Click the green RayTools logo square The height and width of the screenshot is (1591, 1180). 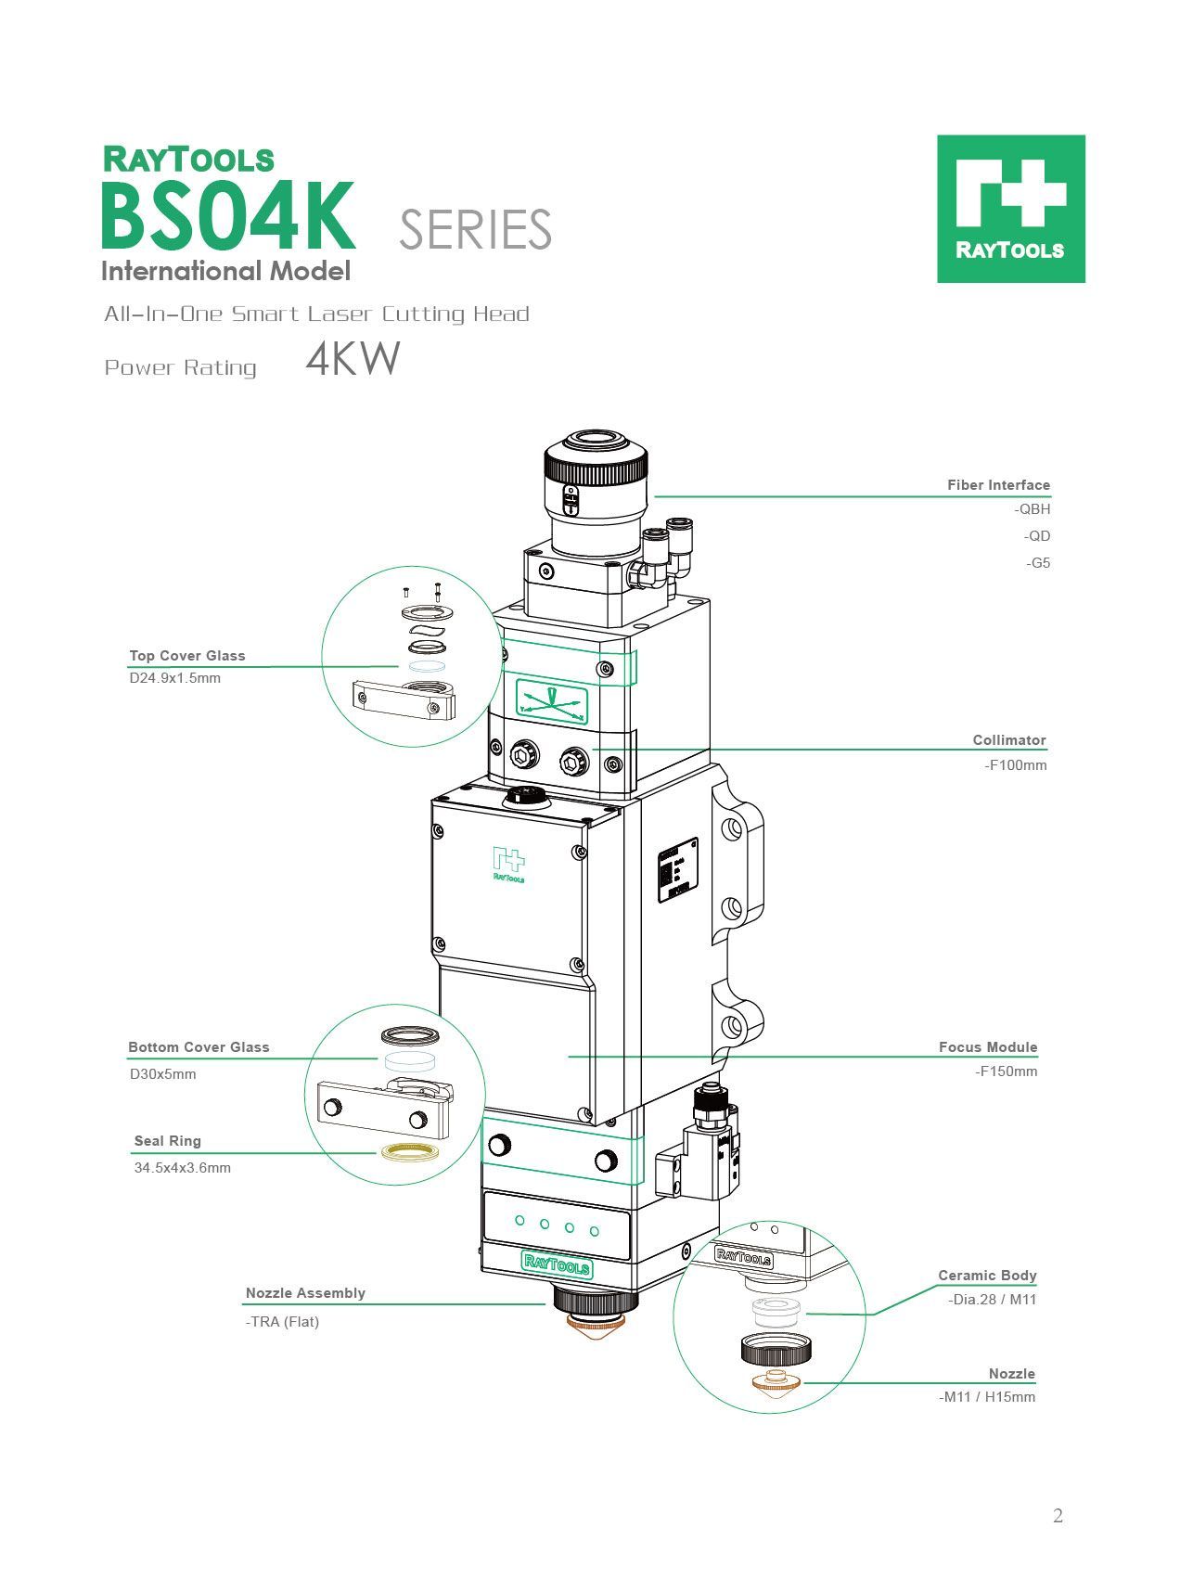[1010, 209]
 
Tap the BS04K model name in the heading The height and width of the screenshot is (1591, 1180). [227, 217]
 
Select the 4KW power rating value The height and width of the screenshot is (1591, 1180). [353, 359]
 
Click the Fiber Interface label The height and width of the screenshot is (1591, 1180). [998, 485]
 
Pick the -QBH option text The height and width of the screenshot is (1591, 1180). [1032, 509]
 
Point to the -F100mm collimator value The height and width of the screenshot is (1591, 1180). [1016, 765]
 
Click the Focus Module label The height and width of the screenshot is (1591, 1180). [988, 1047]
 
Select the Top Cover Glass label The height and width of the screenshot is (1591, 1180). [187, 656]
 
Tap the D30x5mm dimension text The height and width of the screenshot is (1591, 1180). [163, 1074]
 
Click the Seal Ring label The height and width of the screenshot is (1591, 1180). [168, 1141]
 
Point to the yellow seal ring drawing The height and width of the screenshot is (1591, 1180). [409, 1152]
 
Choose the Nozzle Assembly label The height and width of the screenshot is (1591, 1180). [305, 1293]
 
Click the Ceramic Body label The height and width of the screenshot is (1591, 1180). [987, 1276]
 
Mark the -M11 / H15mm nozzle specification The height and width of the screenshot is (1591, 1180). [987, 1397]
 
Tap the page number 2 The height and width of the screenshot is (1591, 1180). [1058, 1516]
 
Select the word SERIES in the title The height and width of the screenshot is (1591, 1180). [475, 230]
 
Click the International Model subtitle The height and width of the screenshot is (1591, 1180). [225, 272]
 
